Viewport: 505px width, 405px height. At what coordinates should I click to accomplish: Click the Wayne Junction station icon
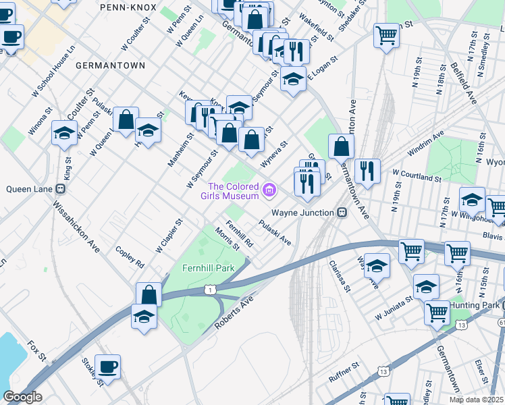coord(342,212)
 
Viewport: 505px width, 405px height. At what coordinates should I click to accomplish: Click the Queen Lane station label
coord(25,189)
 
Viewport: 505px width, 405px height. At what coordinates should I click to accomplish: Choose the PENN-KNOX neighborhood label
coord(128,7)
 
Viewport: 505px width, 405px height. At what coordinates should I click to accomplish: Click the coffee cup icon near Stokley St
coord(108,367)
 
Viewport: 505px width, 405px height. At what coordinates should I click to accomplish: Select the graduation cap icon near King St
coord(64,133)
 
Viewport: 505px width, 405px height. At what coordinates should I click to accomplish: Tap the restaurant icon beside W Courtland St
coord(367,171)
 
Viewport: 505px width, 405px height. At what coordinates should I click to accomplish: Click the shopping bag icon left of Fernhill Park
coord(149,295)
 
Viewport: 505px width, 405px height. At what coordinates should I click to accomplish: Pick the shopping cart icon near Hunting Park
coord(437,313)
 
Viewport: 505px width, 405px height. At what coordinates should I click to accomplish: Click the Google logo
coord(22,397)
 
